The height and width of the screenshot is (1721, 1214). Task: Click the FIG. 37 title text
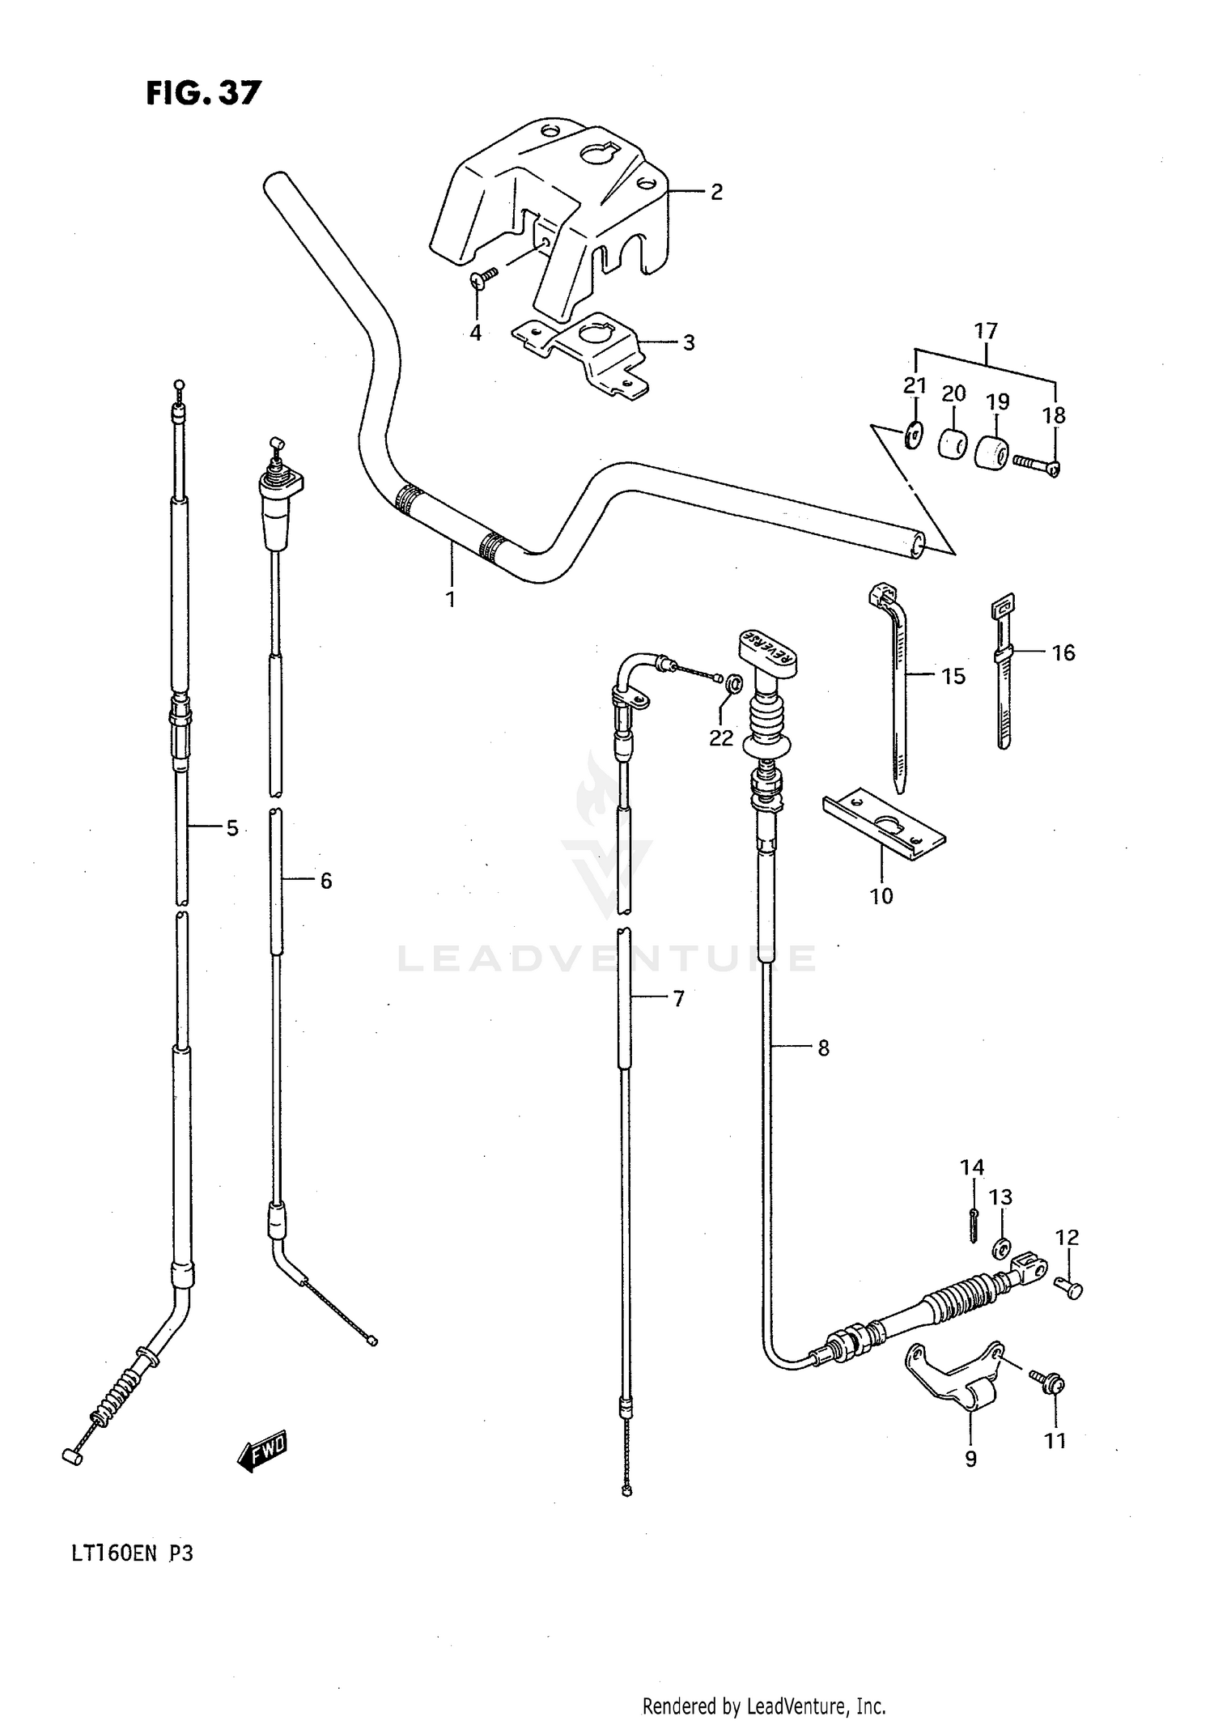point(203,93)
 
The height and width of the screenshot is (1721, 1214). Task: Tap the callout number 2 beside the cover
point(715,193)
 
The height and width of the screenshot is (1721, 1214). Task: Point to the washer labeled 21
point(913,437)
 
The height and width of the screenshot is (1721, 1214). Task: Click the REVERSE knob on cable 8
point(766,651)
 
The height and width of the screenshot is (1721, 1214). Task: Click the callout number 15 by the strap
point(953,676)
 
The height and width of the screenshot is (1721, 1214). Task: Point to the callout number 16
point(1063,652)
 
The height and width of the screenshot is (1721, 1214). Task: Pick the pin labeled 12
point(1070,1289)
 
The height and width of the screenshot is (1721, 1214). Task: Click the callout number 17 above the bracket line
point(986,330)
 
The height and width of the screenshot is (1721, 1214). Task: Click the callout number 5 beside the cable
point(232,828)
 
